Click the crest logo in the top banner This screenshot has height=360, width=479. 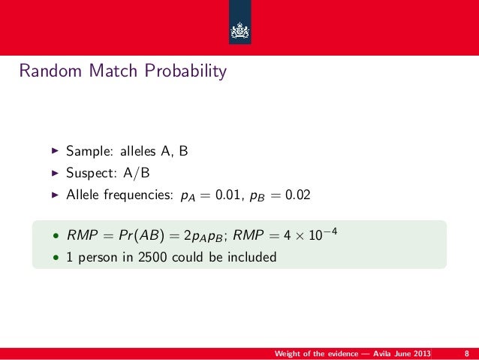[x=239, y=31]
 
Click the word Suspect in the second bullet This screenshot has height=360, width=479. [x=89, y=174]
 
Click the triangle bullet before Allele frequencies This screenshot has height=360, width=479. [x=53, y=195]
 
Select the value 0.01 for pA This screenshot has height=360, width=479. [x=229, y=195]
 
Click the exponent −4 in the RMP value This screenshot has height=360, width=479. [x=318, y=231]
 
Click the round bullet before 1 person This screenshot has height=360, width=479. [x=55, y=258]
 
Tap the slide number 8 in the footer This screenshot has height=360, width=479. [x=467, y=353]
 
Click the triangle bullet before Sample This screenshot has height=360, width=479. [x=53, y=152]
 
